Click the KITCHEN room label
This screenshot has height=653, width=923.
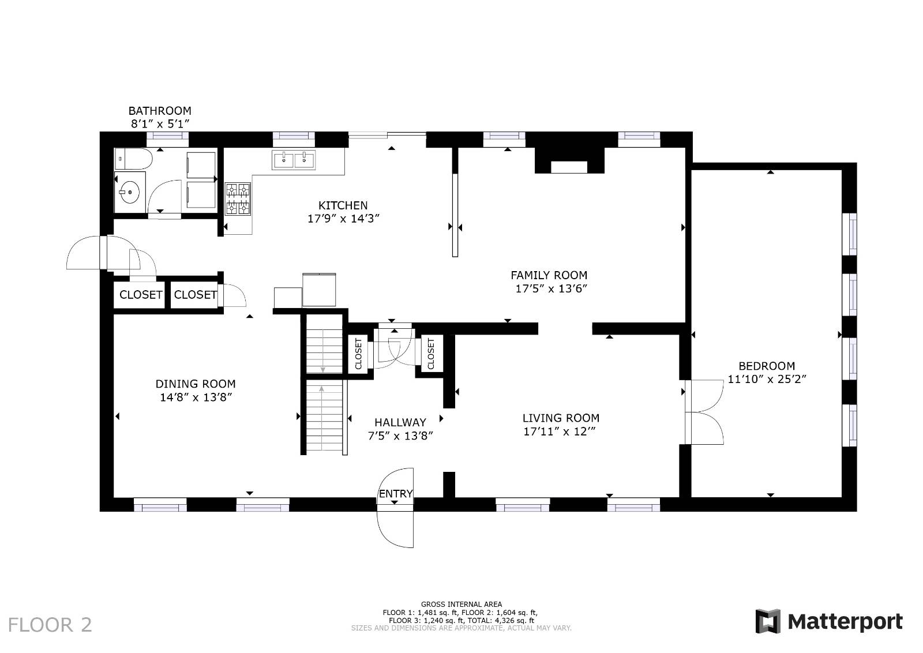[343, 205]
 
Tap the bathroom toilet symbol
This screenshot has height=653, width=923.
[133, 158]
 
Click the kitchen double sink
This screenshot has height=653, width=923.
[294, 160]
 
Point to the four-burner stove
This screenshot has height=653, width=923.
[238, 199]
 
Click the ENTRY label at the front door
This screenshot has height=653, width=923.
[396, 494]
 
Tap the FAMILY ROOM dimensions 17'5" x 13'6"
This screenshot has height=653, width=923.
[551, 289]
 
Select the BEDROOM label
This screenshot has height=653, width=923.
[767, 366]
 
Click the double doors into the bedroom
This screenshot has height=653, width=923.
[704, 412]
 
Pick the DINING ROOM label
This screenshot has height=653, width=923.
[196, 384]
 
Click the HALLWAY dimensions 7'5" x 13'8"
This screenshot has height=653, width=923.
[400, 436]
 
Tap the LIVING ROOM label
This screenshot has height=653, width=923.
[561, 418]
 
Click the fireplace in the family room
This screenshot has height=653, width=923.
[569, 162]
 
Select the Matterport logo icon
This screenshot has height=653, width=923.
[768, 621]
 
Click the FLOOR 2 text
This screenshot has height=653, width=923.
[50, 625]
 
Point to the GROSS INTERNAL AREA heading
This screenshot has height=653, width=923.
[461, 605]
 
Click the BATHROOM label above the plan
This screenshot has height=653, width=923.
[160, 111]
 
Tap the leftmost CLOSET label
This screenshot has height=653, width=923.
[141, 295]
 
